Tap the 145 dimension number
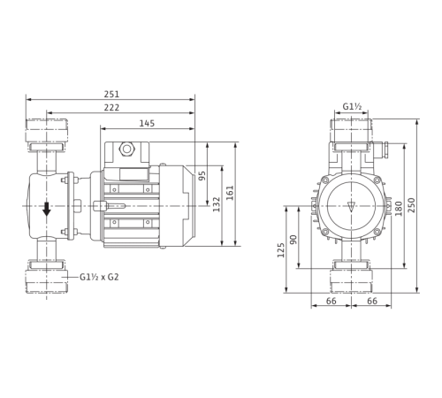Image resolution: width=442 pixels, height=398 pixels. tap(147, 122)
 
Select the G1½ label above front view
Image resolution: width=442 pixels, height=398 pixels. tap(351, 108)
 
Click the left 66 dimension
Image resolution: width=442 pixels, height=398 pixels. tap(332, 302)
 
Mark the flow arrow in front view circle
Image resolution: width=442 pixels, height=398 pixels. tap(352, 205)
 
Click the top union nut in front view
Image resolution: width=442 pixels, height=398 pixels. tap(352, 133)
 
